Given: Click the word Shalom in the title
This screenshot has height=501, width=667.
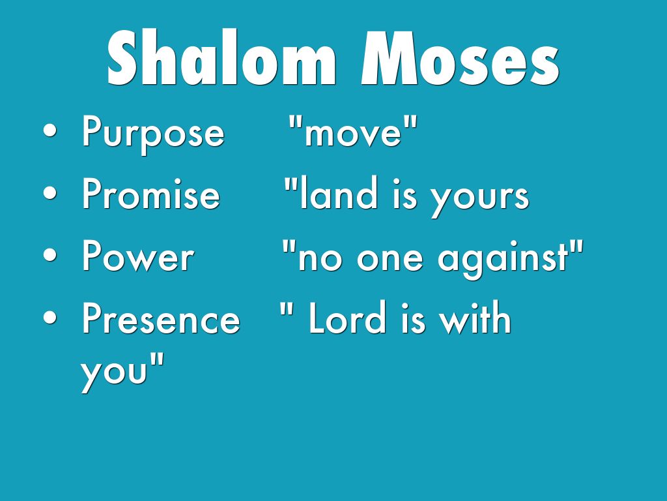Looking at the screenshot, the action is coord(222,57).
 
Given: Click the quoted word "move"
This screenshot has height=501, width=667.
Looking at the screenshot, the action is coord(353,131).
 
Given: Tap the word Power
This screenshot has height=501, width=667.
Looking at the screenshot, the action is coord(138,256).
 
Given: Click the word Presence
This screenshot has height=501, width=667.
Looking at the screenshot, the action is coord(162,318).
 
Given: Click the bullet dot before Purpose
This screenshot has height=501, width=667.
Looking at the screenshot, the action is coord(50,131).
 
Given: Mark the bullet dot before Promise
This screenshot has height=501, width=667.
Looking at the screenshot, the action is coord(50,192).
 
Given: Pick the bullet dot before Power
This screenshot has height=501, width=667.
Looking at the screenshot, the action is coord(50,255).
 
